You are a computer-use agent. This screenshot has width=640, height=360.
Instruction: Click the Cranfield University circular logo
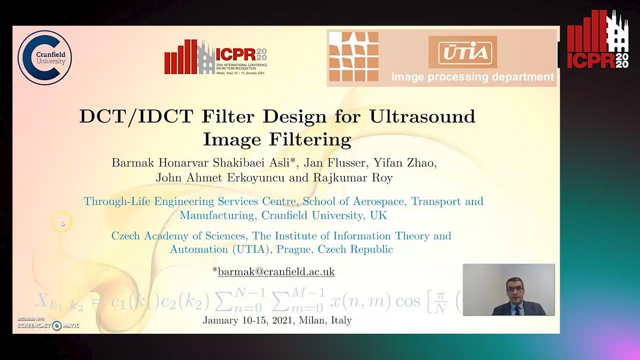click(x=45, y=57)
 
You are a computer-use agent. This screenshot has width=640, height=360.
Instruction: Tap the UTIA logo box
click(x=462, y=52)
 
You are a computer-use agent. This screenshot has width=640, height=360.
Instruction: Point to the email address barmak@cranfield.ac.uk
click(x=276, y=271)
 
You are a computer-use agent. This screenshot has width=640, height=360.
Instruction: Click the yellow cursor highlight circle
click(x=61, y=221)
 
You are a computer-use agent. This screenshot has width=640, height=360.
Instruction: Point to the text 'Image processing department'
click(x=473, y=77)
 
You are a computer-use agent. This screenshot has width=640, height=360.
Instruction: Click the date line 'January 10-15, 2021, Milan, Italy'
click(x=277, y=321)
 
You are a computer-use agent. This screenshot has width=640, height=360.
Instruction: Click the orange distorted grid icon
click(x=353, y=57)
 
